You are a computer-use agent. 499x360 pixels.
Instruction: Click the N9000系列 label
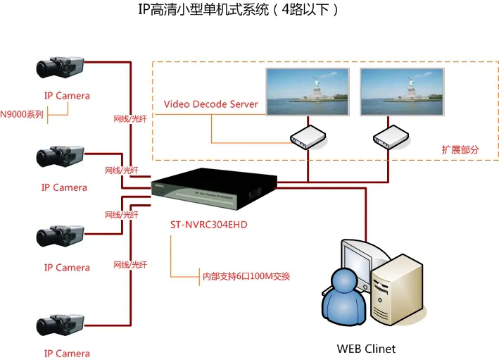[x=22, y=113]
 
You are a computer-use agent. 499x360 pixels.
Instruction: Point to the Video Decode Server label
[x=210, y=104]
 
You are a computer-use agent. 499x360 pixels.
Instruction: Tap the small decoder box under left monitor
[x=308, y=137]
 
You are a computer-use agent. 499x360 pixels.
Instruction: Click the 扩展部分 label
[x=460, y=149]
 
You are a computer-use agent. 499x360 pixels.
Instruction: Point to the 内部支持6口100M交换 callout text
[x=246, y=276]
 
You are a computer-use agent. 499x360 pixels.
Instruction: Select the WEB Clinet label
[x=366, y=348]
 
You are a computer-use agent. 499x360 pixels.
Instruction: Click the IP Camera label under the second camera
[x=64, y=187]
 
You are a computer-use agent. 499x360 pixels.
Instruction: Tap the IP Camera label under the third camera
[x=67, y=268]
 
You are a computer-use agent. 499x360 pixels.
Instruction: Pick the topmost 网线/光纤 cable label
[x=131, y=118]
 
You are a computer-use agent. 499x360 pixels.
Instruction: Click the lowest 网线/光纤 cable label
[x=130, y=265]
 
